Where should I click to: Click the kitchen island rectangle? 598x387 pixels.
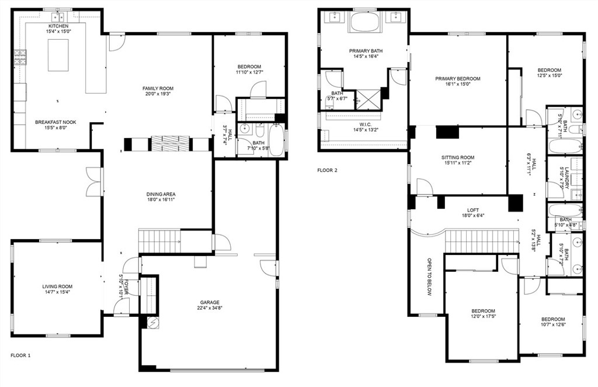[58, 55]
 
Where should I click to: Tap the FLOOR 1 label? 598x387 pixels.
[20, 355]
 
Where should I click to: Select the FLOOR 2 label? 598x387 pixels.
[327, 171]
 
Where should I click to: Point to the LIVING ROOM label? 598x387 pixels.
[57, 286]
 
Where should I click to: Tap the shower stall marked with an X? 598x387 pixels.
[368, 99]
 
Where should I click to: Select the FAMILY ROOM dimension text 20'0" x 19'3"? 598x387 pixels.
[158, 94]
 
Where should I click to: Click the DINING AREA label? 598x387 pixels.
[161, 194]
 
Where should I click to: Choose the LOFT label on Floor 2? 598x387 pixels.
[473, 210]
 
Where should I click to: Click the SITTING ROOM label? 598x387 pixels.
[458, 157]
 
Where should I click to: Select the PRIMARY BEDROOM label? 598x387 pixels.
[458, 78]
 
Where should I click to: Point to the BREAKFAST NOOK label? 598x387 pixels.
[55, 122]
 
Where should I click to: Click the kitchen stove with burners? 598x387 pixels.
[20, 57]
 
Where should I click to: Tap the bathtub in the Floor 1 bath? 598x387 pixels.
[276, 140]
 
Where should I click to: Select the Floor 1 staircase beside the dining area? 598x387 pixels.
[159, 240]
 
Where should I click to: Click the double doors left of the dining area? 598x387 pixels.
[94, 182]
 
